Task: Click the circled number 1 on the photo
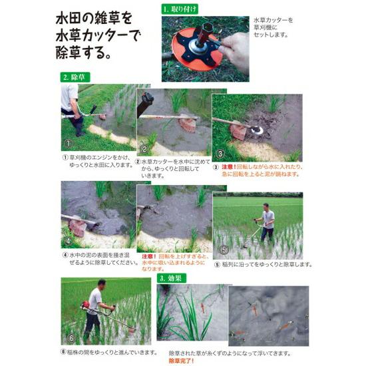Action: pyautogui.click(x=68, y=144)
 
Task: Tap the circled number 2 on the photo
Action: pyautogui.click(x=142, y=148)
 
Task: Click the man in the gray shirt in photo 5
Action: pyautogui.click(x=267, y=220)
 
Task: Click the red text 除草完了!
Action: pyautogui.click(x=183, y=360)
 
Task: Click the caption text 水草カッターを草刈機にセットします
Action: pyautogui.click(x=274, y=27)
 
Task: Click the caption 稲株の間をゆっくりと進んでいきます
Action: pyautogui.click(x=110, y=351)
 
